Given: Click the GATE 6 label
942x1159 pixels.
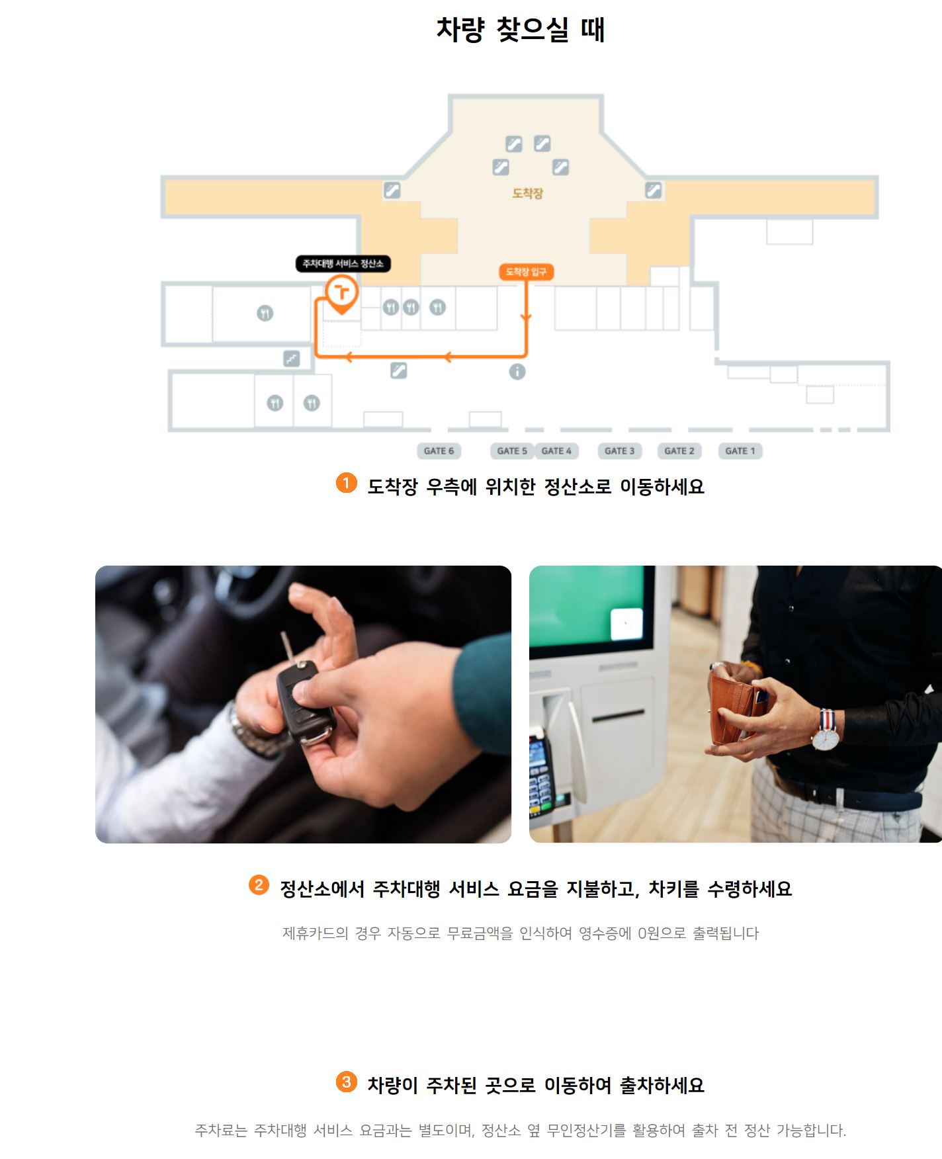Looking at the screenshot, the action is pos(439,451).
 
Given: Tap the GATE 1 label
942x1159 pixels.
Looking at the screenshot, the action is pos(740,451).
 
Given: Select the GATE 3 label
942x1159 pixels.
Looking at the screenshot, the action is pos(619,451).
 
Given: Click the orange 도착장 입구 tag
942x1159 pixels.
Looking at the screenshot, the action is pos(526,272).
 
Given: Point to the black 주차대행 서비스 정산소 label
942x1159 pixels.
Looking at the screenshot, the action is pos(343,264).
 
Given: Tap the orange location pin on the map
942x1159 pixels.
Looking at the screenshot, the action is pos(341,294).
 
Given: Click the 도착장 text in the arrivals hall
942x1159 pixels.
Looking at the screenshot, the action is pos(528,193).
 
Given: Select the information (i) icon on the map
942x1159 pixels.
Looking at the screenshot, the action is pos(517,372).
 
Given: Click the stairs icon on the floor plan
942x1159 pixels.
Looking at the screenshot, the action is pos(292,359).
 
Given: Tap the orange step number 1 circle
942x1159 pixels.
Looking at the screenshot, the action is pos(346,483).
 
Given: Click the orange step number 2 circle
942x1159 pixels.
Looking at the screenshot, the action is pos(259,884).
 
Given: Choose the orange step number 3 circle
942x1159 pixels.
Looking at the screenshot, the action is pos(346,1082).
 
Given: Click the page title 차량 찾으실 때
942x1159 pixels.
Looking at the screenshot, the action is pos(521,30).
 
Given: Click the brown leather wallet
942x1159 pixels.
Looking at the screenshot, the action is pos(735,708).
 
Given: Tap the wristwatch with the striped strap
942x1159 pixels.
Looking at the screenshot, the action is pos(827,732).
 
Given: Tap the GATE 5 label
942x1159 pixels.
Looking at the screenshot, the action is pos(512,451).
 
